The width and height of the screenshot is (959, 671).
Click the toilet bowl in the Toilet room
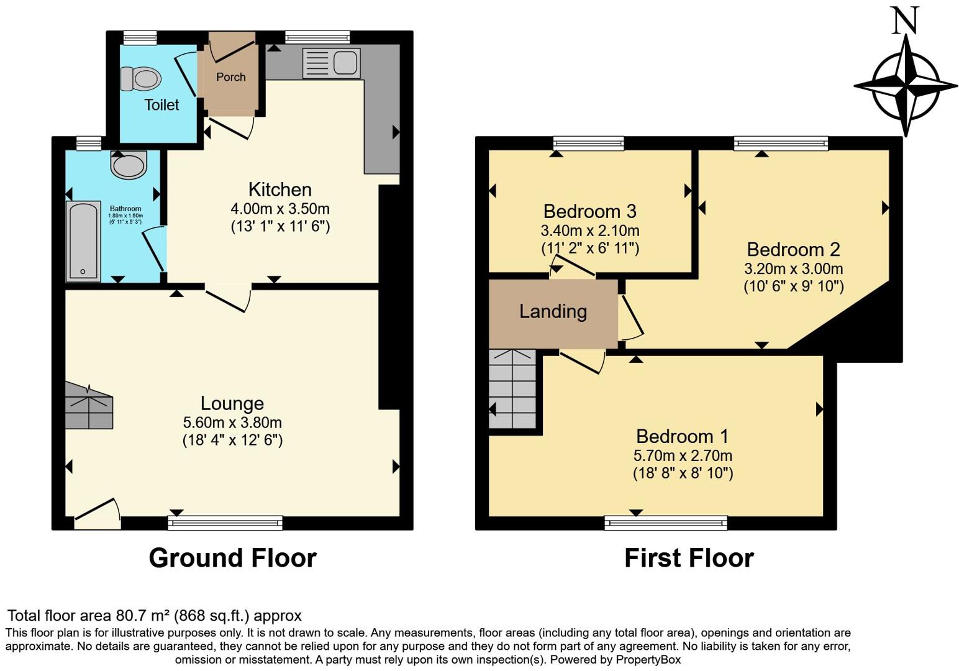coord(141,79)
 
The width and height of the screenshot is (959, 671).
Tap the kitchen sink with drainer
coord(331,64)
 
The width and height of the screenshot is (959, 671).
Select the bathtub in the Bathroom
coord(83,241)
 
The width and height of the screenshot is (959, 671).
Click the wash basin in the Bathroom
coord(129,165)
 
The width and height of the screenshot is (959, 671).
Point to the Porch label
coord(230,77)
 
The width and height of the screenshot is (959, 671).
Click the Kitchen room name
coord(280,189)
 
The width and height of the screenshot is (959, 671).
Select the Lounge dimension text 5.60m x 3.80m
coord(232,422)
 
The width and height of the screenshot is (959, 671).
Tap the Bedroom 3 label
coord(589,211)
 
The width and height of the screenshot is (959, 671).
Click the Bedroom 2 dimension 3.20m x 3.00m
coord(793,269)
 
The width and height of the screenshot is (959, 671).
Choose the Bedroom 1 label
coord(682,436)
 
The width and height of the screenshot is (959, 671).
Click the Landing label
coord(553,311)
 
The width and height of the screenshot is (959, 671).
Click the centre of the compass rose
coord(906,84)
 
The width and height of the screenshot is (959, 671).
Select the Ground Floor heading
coord(232,558)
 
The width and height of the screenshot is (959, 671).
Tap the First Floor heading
coord(688,558)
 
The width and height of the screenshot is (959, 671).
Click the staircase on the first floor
coord(512,389)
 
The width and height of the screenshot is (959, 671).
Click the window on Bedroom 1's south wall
coord(666,523)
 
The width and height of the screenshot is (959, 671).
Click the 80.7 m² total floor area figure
coord(143,616)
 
